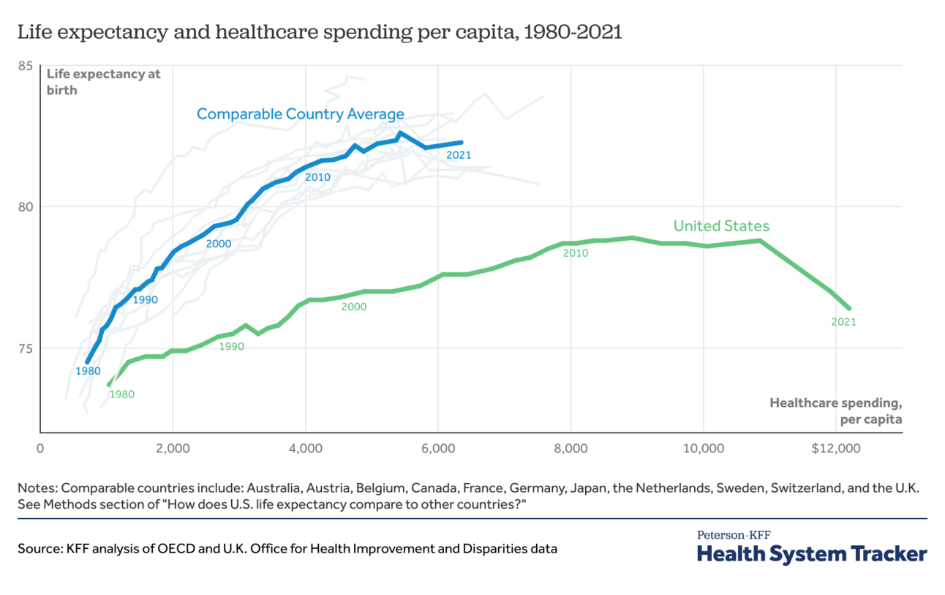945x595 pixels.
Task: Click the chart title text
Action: click(319, 32)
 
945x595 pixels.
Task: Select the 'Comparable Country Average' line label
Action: click(300, 114)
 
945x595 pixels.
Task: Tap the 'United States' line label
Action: click(721, 226)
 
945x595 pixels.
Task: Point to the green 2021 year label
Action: click(843, 321)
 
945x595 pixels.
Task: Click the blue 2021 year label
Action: click(459, 155)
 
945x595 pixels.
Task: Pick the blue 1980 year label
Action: click(88, 371)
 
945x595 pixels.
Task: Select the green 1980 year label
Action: click(121, 394)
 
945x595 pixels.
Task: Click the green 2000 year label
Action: click(354, 307)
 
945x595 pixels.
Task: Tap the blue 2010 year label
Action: click(318, 177)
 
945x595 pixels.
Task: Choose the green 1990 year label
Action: click(231, 346)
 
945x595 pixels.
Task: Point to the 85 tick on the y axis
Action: click(26, 66)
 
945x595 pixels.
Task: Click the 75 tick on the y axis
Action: click(26, 348)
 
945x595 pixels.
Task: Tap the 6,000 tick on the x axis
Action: click(438, 449)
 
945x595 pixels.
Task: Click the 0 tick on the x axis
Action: click(40, 449)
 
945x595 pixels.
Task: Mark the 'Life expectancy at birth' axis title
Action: click(103, 82)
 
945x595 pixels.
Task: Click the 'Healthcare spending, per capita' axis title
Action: click(835, 411)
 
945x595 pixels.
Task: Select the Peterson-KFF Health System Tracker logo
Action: click(812, 547)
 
